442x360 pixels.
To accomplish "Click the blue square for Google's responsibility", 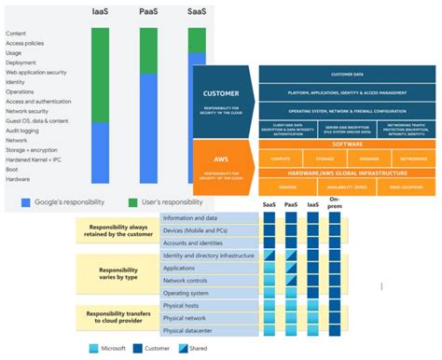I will pyautogui.click(x=26, y=201).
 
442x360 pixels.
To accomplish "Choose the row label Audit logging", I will pyautogui.click(x=22, y=132).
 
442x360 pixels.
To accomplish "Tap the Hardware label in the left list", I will pyautogui.click(x=19, y=180).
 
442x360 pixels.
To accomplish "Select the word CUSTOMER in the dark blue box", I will pyautogui.click(x=223, y=93).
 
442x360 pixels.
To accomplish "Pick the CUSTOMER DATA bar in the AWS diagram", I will pyautogui.click(x=348, y=74).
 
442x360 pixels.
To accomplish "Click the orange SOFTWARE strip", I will pyautogui.click(x=348, y=145).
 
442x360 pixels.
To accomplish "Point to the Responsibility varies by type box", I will pyautogui.click(x=118, y=273).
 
